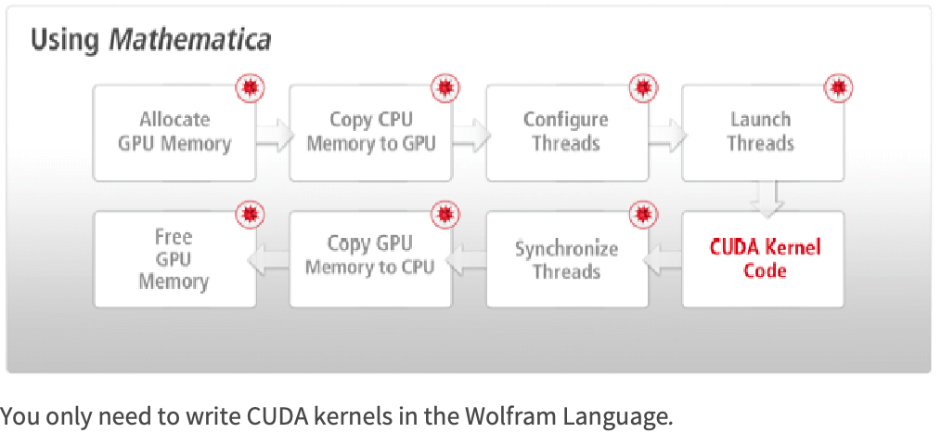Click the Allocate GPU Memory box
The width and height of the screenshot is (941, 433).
click(x=174, y=132)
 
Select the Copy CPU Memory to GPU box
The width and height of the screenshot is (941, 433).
click(x=370, y=132)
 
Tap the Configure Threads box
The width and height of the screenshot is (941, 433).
click(x=566, y=132)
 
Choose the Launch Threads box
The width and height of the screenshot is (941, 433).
click(x=762, y=132)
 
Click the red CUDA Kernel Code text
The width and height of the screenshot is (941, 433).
click(x=765, y=258)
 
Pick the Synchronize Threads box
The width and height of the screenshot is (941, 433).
click(x=566, y=260)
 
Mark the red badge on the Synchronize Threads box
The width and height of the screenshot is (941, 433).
click(x=642, y=215)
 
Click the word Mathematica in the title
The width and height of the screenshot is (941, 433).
click(x=190, y=41)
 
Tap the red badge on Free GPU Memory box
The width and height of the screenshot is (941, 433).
click(x=249, y=215)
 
